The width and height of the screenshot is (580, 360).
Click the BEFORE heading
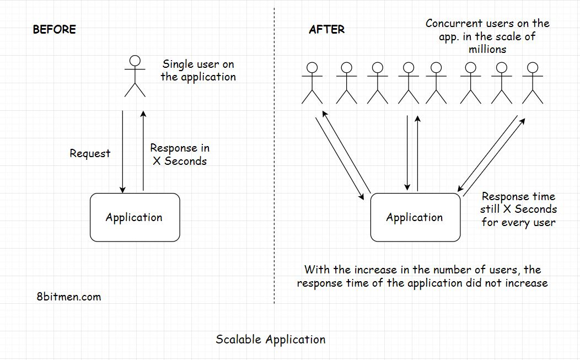[54, 29]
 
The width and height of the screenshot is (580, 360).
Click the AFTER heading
[326, 29]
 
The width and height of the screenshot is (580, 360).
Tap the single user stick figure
[135, 77]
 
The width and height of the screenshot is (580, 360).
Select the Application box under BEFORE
[135, 217]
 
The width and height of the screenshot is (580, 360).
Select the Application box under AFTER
[415, 217]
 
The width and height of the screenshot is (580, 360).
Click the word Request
[90, 154]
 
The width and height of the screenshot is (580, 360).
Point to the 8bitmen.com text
[68, 297]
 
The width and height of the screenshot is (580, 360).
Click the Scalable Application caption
[270, 339]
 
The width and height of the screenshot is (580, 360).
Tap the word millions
[487, 49]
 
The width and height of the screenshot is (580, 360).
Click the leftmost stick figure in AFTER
[313, 84]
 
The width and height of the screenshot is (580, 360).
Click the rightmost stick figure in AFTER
[532, 84]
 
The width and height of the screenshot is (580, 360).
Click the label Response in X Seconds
[180, 154]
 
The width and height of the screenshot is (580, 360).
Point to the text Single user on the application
[198, 71]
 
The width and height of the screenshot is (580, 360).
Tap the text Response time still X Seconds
[518, 209]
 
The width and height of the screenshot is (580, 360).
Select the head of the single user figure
[135, 61]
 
